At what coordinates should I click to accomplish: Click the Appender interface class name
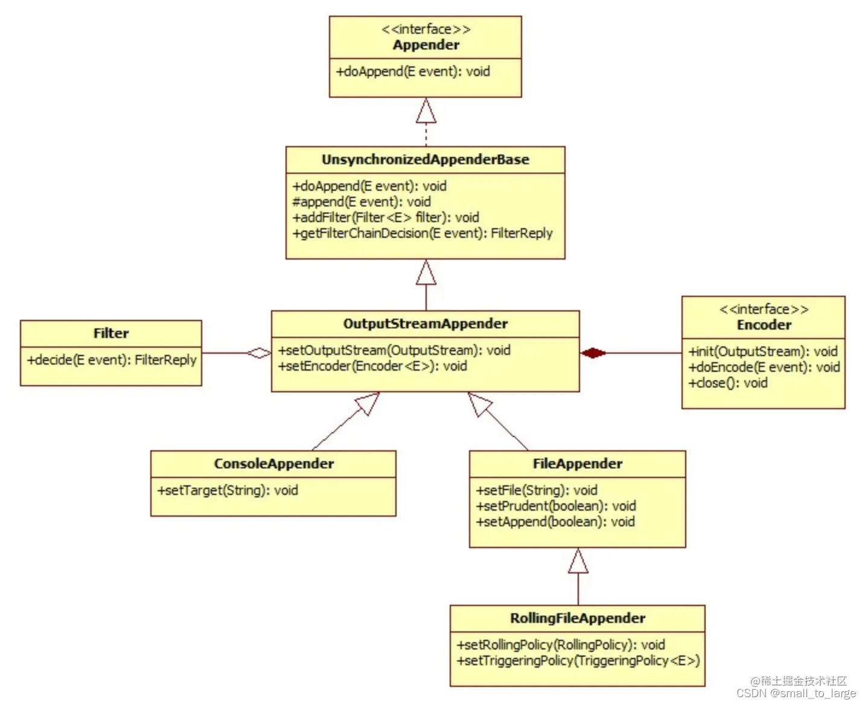point(426,45)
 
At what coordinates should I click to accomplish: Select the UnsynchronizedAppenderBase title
point(425,160)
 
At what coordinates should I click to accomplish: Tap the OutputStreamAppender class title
point(425,324)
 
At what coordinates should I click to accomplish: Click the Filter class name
point(111,334)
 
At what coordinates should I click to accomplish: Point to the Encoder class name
point(764,325)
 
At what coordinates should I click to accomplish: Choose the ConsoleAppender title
point(273,464)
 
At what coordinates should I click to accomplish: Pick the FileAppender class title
point(578,464)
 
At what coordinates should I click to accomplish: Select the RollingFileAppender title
point(578,619)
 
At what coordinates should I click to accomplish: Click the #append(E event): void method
point(362,202)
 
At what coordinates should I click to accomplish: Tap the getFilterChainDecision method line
point(423,234)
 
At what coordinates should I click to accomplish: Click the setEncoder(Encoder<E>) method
point(372,366)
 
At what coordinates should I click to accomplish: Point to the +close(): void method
point(728,383)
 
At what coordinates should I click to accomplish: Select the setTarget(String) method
point(228,491)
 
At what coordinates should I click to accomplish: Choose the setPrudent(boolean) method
point(556,506)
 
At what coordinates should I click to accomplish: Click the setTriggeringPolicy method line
point(578,661)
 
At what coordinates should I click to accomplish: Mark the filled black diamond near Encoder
point(593,353)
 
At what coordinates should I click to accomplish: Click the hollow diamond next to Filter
point(259,353)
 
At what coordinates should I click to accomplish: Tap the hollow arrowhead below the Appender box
point(426,111)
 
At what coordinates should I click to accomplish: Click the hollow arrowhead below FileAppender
point(578,561)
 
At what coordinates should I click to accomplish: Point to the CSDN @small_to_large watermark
point(796,694)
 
